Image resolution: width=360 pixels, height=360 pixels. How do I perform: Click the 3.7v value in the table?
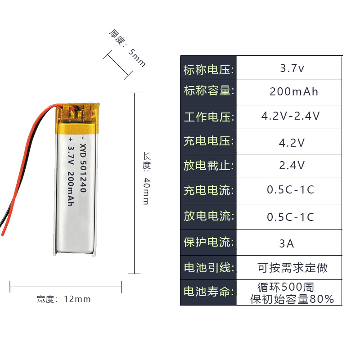pyautogui.click(x=292, y=69)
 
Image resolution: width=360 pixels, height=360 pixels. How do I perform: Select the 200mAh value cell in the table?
pyautogui.click(x=294, y=92)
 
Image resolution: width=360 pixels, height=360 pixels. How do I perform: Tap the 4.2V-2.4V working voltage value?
pyautogui.click(x=291, y=116)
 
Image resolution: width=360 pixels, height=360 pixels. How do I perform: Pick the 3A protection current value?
pyautogui.click(x=287, y=244)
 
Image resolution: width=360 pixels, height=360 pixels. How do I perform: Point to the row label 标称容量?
pyautogui.click(x=209, y=91)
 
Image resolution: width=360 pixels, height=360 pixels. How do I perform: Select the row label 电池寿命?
pyautogui.click(x=209, y=292)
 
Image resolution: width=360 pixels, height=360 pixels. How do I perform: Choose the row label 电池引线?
pyautogui.click(x=209, y=268)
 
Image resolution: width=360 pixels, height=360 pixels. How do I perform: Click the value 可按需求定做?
pyautogui.click(x=292, y=268)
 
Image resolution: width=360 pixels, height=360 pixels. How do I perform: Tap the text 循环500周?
pyautogui.click(x=286, y=287)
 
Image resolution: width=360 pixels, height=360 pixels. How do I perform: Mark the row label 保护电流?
pyautogui.click(x=209, y=243)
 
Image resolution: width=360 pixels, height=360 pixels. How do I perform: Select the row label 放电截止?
pyautogui.click(x=209, y=166)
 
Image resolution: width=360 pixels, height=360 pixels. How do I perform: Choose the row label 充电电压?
pyautogui.click(x=209, y=141)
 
